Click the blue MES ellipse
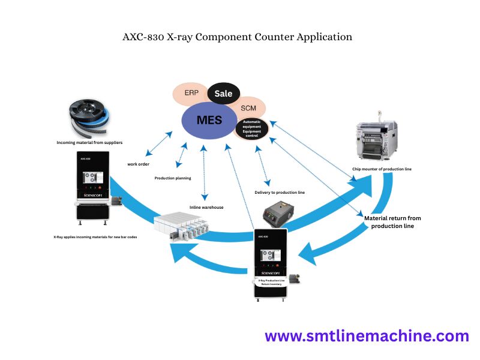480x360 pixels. [209, 119]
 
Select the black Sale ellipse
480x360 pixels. [223, 93]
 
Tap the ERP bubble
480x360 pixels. [192, 94]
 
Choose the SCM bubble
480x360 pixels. [248, 108]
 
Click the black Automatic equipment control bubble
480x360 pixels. [251, 128]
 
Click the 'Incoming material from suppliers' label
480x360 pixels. [89, 143]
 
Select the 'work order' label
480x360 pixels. [138, 164]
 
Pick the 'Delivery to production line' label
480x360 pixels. [280, 193]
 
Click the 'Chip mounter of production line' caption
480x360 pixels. [382, 169]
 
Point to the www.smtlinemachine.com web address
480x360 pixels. [367, 336]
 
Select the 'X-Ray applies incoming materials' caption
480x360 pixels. [95, 237]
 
